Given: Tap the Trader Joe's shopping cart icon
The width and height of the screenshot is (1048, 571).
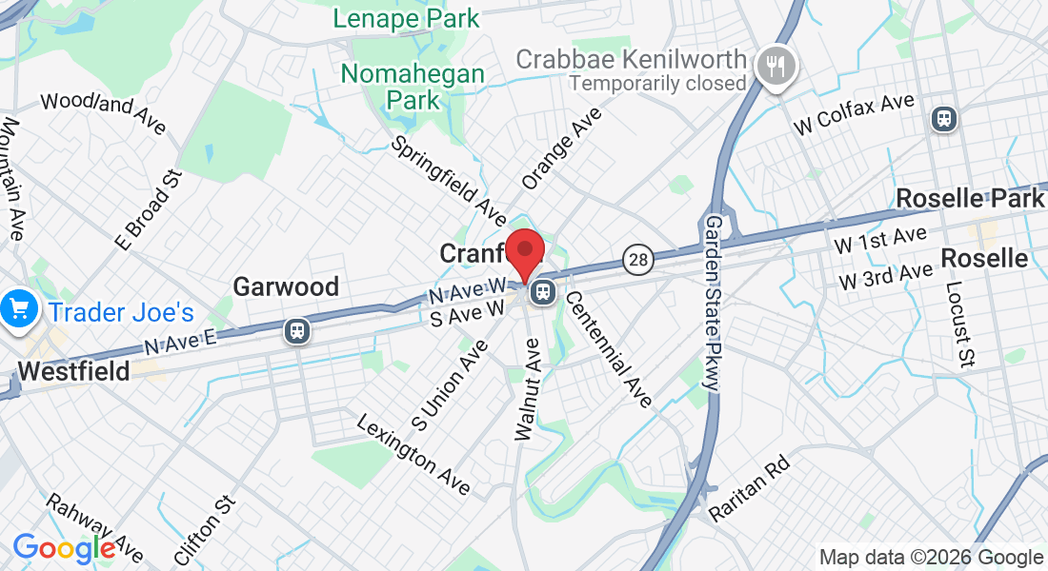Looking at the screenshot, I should click(x=18, y=309).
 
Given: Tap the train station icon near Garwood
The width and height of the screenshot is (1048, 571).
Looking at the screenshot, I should click(x=297, y=331).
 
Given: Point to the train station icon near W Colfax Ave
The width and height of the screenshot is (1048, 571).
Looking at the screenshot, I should click(x=945, y=118).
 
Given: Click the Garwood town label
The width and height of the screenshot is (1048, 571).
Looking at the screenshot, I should click(x=286, y=286).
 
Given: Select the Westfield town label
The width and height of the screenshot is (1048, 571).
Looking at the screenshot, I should click(x=73, y=371).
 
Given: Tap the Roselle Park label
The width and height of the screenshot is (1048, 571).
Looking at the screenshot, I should click(x=970, y=199).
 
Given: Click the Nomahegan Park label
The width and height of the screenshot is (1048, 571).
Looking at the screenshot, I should click(x=413, y=86).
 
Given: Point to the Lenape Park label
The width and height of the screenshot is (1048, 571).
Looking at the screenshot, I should click(x=406, y=17).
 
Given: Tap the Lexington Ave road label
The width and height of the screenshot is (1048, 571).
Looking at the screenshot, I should click(x=414, y=454).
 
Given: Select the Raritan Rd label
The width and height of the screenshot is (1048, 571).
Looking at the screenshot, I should click(x=749, y=487).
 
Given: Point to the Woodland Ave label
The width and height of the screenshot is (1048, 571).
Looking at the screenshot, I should click(x=103, y=113).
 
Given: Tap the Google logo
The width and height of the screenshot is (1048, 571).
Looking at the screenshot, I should click(x=64, y=548).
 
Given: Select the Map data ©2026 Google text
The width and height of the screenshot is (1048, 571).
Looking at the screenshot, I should click(x=931, y=558).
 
